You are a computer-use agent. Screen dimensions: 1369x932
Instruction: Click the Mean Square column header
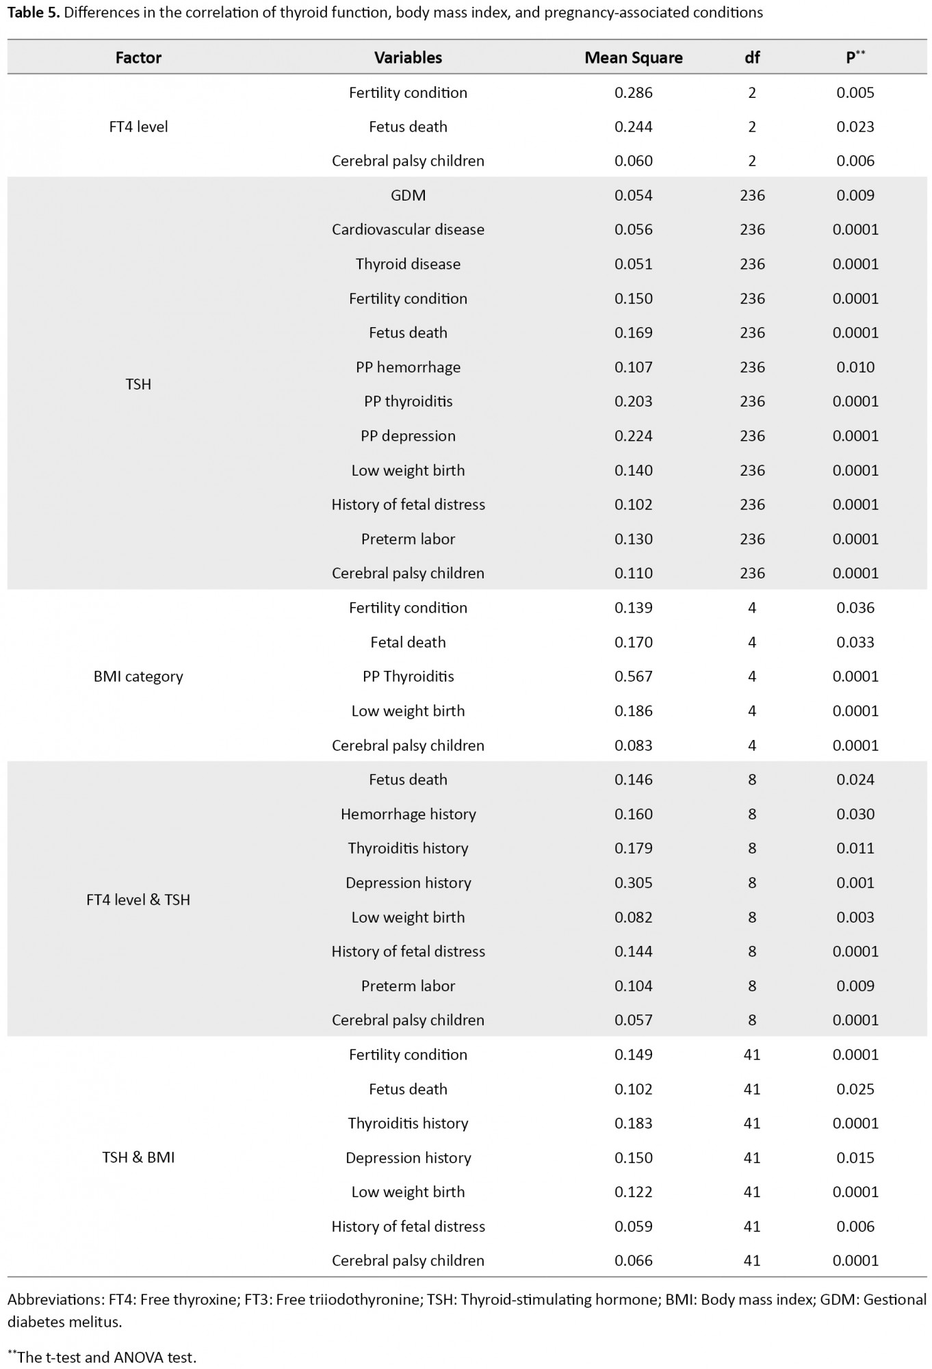tap(633, 57)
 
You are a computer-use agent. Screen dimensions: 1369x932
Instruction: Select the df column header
tap(751, 57)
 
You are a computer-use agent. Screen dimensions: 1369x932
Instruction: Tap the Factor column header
tap(138, 57)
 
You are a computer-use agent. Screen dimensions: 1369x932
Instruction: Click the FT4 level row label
tap(138, 127)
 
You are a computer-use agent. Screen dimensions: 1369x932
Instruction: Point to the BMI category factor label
tap(138, 676)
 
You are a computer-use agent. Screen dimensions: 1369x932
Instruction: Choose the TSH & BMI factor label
tap(138, 1157)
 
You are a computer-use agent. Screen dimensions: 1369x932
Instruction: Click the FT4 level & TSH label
tap(138, 899)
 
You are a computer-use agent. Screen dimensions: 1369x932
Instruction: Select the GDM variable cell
tap(408, 195)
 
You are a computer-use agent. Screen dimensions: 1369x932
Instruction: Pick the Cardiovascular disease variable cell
tap(408, 229)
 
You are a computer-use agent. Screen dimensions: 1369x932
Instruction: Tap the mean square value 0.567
tap(633, 676)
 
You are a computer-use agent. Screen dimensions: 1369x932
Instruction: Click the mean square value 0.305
tap(633, 882)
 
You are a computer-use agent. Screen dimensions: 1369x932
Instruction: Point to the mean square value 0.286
tap(633, 92)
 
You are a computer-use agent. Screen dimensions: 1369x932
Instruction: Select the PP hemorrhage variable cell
tap(408, 367)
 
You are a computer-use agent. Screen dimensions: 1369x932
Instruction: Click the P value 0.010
tap(855, 367)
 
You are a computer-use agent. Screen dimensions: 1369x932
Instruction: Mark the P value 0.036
tap(855, 608)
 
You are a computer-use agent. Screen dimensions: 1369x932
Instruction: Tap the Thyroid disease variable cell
tap(408, 264)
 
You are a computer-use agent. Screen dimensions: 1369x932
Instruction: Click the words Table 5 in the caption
tap(33, 12)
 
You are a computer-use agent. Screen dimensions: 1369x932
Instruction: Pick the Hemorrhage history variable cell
tap(408, 814)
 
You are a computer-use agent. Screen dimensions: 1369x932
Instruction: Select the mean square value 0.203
tap(633, 401)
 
